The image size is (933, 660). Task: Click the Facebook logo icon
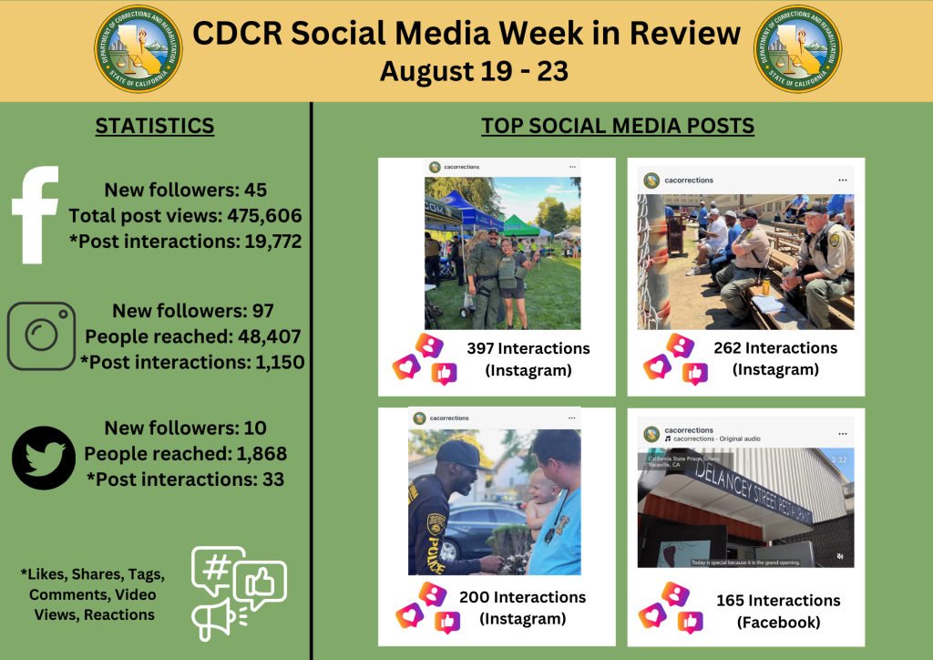pyautogui.click(x=36, y=215)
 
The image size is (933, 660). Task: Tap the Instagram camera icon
pyautogui.click(x=41, y=336)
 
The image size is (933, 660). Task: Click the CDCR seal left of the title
pyautogui.click(x=138, y=49)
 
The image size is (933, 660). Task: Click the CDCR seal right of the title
pyautogui.click(x=798, y=49)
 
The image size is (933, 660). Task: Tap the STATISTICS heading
pyautogui.click(x=155, y=126)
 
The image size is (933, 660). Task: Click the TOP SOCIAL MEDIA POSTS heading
pyautogui.click(x=618, y=126)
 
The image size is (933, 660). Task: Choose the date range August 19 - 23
pyautogui.click(x=474, y=71)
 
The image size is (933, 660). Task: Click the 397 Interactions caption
pyautogui.click(x=528, y=349)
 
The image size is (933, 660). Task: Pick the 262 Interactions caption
pyautogui.click(x=775, y=347)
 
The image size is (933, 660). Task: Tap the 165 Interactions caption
pyautogui.click(x=778, y=601)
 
